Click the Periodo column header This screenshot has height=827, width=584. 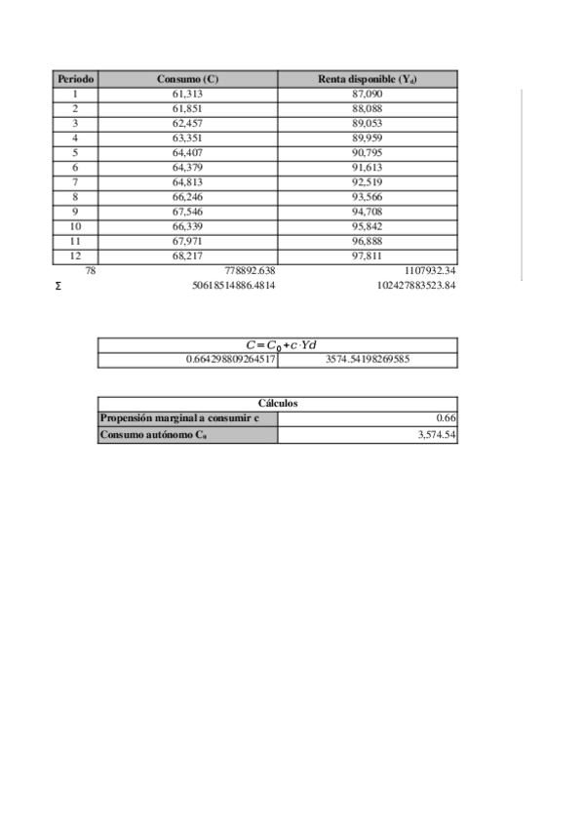[75, 78]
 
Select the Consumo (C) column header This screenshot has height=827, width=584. [187, 78]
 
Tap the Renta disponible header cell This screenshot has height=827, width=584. [368, 78]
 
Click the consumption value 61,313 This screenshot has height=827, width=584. [187, 93]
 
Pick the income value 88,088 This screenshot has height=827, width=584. [368, 108]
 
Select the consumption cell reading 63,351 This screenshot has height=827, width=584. [187, 138]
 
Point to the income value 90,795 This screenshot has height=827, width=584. [368, 152]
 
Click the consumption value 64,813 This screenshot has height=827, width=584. [187, 181]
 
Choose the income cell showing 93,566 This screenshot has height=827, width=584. [368, 196]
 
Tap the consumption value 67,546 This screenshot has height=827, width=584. [187, 211]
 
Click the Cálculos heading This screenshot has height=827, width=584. [278, 403]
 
